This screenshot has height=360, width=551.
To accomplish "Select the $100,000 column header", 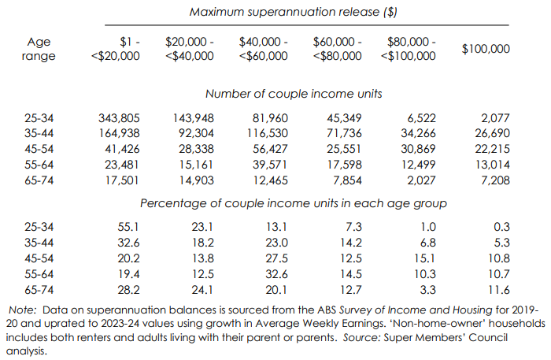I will (486, 48).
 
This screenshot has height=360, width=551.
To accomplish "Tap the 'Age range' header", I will (39, 49).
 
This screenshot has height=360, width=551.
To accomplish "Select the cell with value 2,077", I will (494, 118).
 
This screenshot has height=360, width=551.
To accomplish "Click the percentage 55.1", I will (128, 226).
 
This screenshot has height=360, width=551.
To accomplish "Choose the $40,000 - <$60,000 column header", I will (263, 49).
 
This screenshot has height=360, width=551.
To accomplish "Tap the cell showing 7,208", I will (494, 180).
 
